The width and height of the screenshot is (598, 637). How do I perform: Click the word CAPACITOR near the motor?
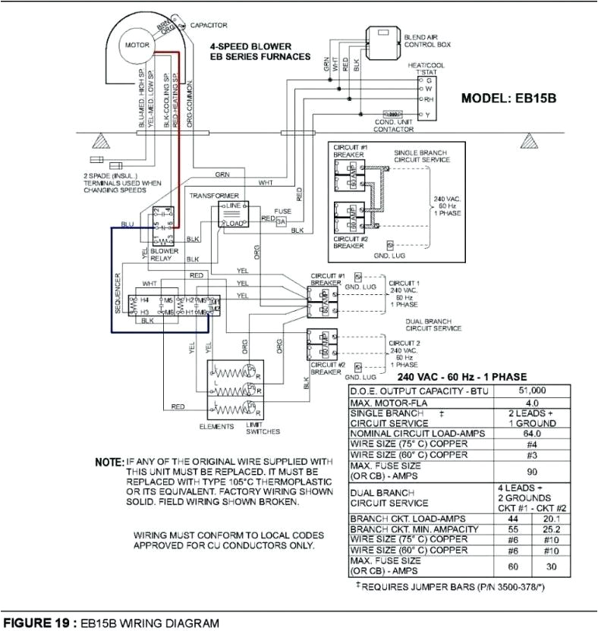pyautogui.click(x=209, y=25)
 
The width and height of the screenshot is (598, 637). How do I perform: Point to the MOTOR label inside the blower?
pyautogui.click(x=137, y=45)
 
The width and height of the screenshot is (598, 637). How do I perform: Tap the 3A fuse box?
pyautogui.click(x=281, y=221)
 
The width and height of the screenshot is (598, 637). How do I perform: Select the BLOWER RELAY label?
pyautogui.click(x=164, y=254)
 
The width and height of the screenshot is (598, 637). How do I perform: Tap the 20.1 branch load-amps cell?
pyautogui.click(x=551, y=519)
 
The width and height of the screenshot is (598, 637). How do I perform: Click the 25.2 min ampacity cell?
pyautogui.click(x=551, y=529)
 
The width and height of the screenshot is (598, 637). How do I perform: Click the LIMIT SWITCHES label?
pyautogui.click(x=263, y=428)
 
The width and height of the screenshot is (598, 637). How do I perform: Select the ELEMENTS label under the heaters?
pyautogui.click(x=216, y=427)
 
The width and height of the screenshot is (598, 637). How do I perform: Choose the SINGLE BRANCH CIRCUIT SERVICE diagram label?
pyautogui.click(x=421, y=155)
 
